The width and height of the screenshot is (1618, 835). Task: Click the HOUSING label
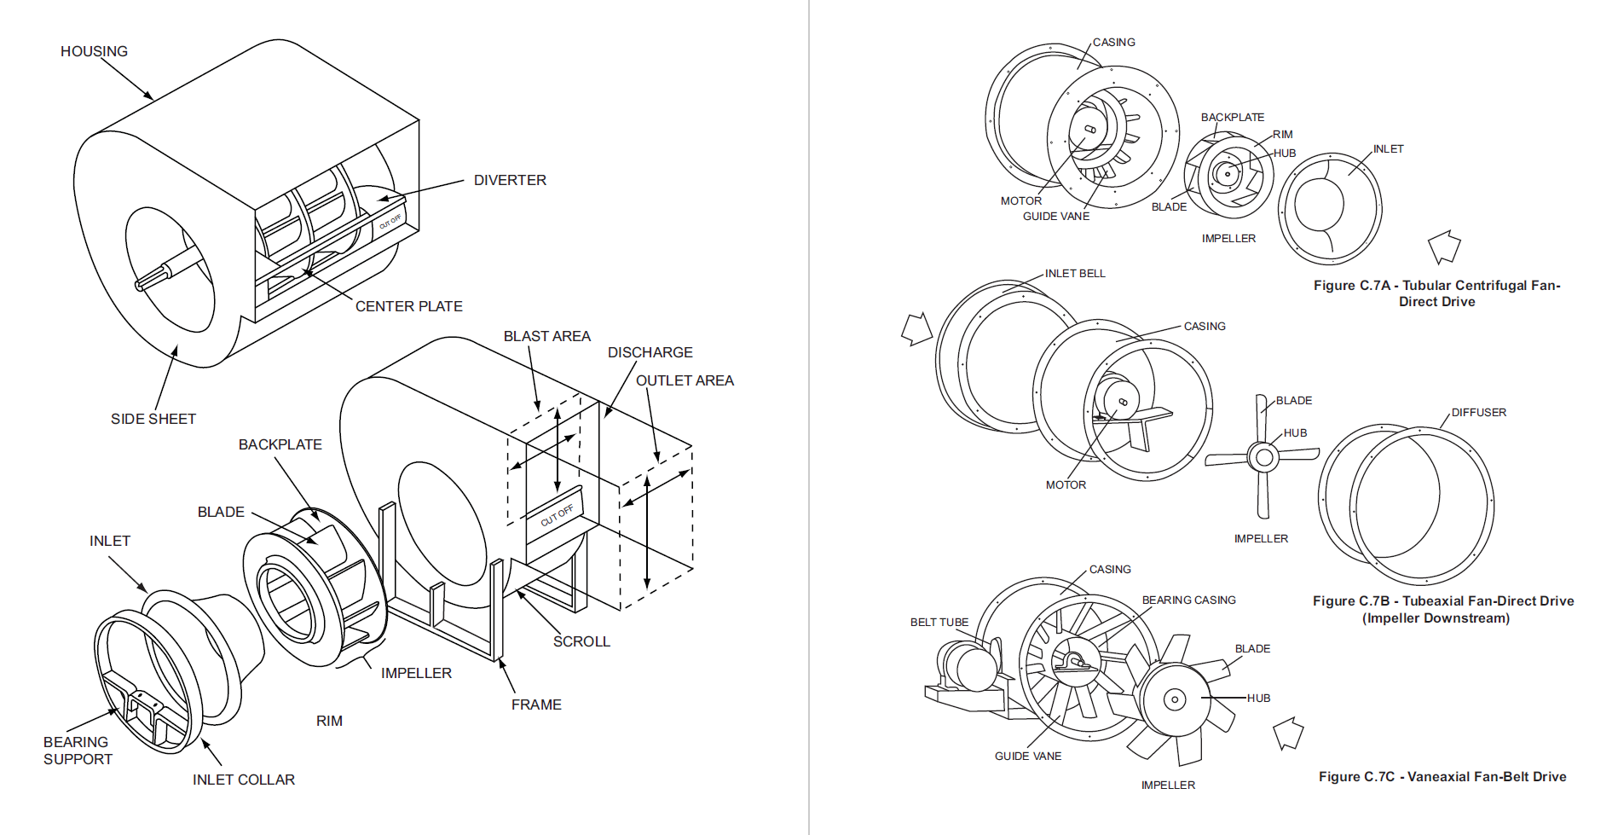(94, 51)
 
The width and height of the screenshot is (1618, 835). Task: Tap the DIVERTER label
(510, 180)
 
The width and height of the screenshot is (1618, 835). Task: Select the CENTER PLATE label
(408, 306)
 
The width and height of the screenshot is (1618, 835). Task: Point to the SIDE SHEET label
(153, 419)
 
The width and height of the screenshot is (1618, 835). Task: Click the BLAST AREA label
(546, 336)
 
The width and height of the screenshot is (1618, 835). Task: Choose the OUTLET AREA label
(685, 380)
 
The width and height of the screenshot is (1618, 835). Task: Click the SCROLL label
(581, 641)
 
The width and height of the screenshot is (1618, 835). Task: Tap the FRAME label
(536, 705)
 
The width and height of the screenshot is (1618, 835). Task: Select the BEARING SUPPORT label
(77, 751)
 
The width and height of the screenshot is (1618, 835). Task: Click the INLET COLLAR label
(243, 780)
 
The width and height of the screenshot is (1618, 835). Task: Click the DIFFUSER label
(1478, 412)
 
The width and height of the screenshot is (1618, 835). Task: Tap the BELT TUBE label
(939, 623)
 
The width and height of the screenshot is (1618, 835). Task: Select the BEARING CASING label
(1188, 600)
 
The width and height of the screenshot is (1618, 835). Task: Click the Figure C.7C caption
(1442, 777)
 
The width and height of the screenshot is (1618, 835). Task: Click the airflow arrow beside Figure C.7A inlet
(1444, 246)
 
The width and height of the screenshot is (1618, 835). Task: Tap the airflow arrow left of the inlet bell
(916, 329)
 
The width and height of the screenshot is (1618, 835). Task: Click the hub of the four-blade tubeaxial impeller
(1264, 457)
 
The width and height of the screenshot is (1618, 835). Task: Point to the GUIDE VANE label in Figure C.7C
(1027, 757)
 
